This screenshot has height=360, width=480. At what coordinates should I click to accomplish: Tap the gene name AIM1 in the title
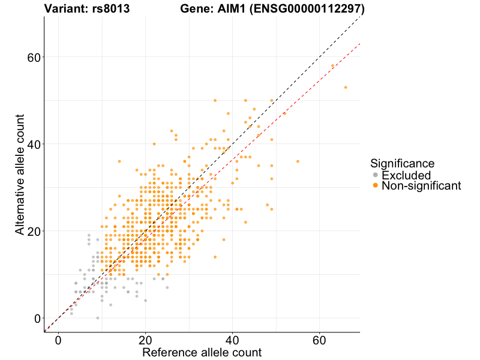pos(233,9)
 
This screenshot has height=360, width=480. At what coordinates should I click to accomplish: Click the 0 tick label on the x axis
pos(58,340)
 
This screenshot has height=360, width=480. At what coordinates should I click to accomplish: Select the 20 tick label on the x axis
pos(145,340)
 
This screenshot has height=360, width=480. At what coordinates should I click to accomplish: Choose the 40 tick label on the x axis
pos(232,340)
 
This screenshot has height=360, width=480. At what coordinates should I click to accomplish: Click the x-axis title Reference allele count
pos(202,352)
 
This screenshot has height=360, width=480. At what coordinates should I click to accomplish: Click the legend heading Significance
pos(402,163)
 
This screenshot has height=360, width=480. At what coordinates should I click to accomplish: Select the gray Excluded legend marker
pos(376,175)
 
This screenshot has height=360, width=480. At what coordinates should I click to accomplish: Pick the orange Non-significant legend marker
pos(376,186)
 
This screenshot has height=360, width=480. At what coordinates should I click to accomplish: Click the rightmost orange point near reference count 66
pos(346,88)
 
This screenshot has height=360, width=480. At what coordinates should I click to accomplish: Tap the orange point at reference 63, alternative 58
pos(332,66)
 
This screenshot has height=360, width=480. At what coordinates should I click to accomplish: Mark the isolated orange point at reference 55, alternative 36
pos(298,161)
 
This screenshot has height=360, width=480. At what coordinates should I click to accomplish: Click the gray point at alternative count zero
pos(98,318)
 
